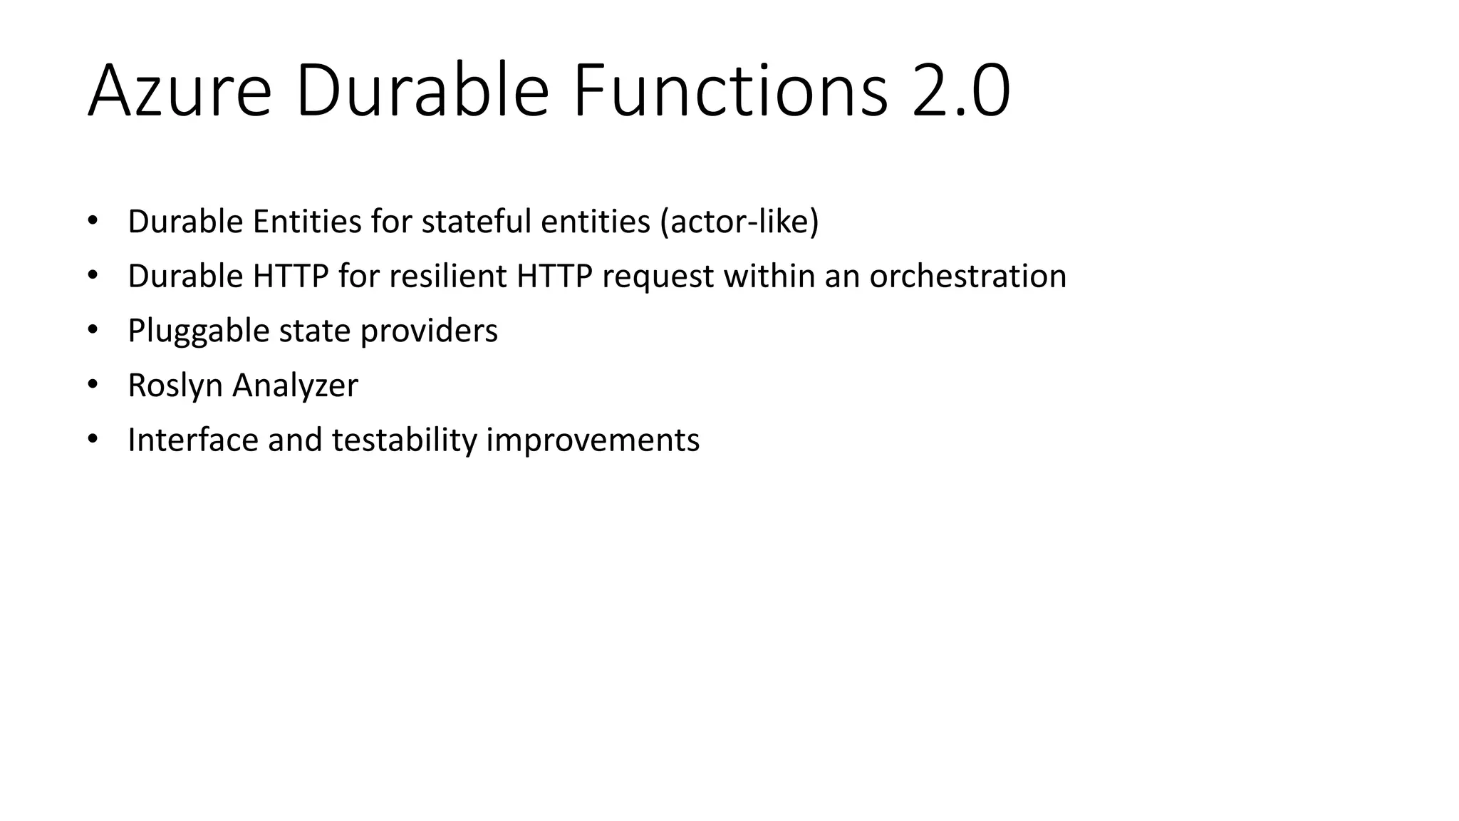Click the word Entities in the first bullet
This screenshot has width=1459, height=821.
pyautogui.click(x=307, y=222)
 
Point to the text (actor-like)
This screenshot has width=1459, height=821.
pyautogui.click(x=739, y=222)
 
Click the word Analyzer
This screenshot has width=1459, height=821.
pyautogui.click(x=295, y=386)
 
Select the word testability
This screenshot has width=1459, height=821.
pyautogui.click(x=404, y=440)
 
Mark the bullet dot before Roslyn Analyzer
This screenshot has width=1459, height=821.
pyautogui.click(x=92, y=385)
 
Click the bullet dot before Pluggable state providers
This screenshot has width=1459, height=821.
pyautogui.click(x=92, y=330)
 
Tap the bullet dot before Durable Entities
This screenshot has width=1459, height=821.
pyautogui.click(x=92, y=221)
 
